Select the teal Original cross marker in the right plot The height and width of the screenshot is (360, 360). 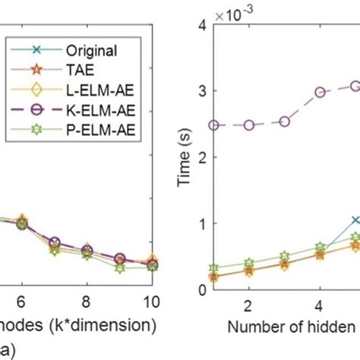pos(355,220)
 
